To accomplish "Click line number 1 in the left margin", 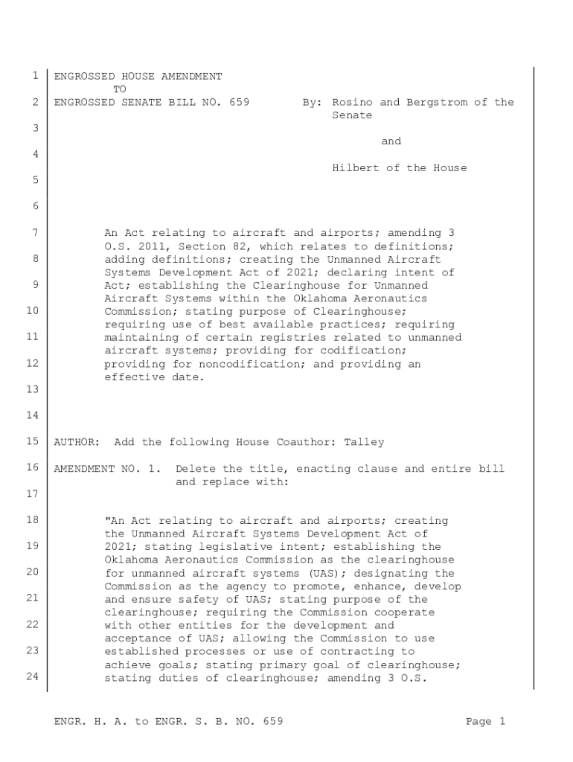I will coord(35,76).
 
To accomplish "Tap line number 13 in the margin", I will coord(32,389).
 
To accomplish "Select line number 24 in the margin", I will coord(32,676).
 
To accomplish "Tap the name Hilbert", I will coord(356,168).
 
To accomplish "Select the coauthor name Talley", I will coord(364,442).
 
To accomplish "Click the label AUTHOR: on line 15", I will coord(77,442).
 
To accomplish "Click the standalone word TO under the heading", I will coord(120,89).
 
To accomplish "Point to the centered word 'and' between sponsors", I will coord(391,141).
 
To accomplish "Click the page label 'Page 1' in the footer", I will coord(485,721).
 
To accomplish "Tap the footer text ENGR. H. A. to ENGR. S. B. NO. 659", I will coord(168,721).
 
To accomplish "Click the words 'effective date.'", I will coord(153,377).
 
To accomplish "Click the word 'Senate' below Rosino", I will coord(352,115).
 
